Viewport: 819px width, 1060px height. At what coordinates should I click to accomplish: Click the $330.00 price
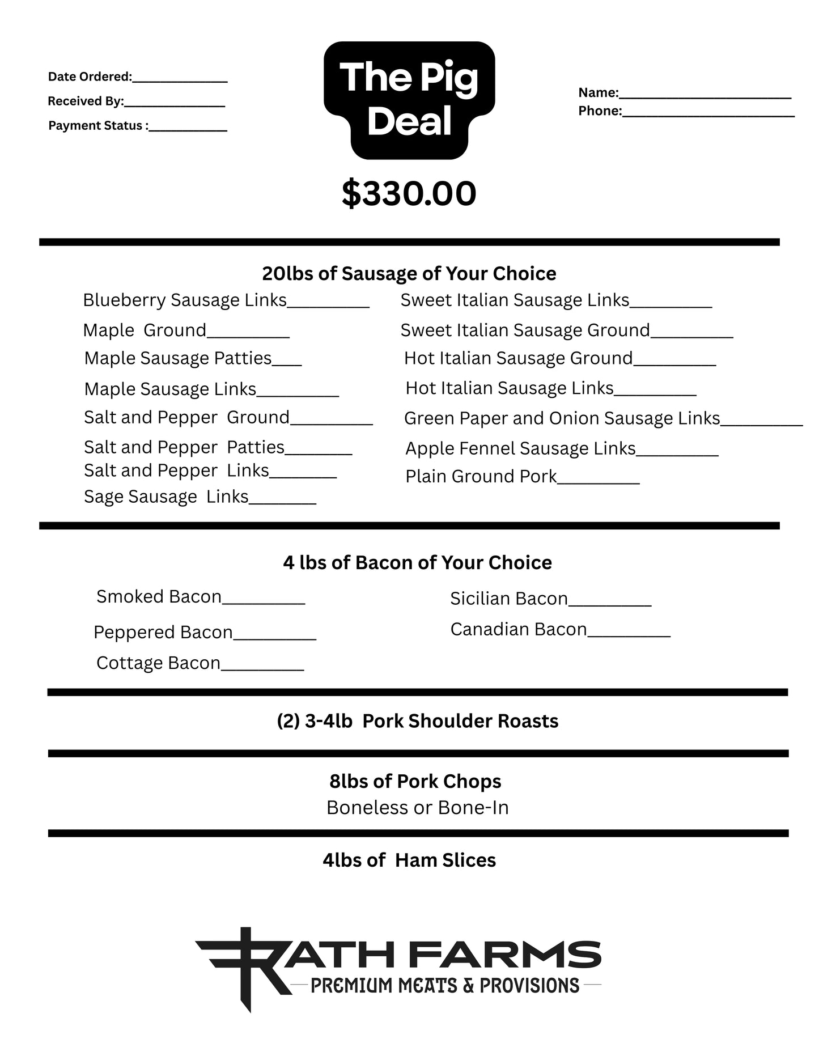point(409,194)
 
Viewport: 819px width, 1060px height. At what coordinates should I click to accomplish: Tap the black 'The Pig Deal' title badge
point(409,100)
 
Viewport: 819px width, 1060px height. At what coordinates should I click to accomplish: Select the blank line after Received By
point(174,105)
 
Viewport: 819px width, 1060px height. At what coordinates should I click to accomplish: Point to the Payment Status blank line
point(188,129)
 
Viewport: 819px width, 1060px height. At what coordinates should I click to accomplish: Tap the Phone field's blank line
point(708,115)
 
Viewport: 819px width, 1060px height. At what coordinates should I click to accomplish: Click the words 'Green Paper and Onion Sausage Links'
point(562,418)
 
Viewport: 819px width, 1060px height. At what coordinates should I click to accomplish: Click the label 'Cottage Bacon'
point(158,663)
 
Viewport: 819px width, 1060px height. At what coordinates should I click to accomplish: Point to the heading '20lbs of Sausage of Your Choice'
point(409,274)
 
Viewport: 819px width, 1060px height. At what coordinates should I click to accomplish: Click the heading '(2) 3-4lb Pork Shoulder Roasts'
point(418,721)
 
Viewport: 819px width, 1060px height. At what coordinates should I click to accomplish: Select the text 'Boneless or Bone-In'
point(418,808)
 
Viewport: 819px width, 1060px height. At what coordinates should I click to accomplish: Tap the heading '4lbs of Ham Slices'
point(409,860)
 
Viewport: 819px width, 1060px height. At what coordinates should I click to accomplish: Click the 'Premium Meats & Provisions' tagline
point(445,986)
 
